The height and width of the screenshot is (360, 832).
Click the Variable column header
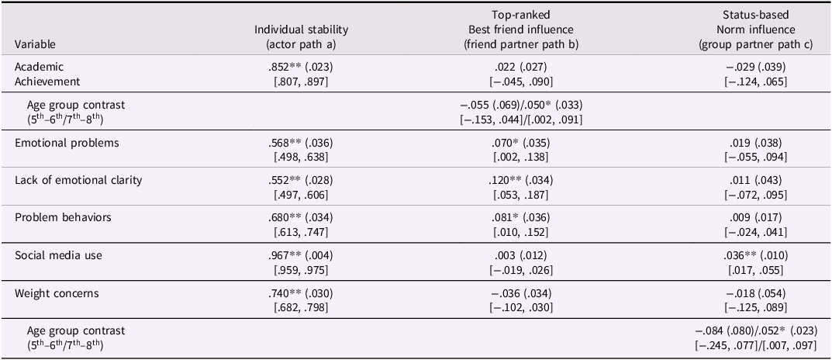(x=36, y=44)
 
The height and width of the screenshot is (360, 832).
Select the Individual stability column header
(x=302, y=36)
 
